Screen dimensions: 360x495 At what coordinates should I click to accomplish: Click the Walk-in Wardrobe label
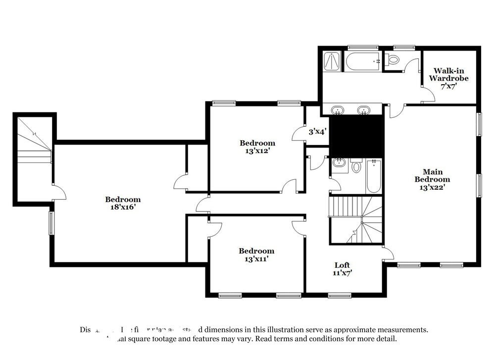[448, 78]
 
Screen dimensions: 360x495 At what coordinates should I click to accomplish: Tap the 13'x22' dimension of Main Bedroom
[432, 187]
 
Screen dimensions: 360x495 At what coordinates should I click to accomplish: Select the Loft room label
[342, 265]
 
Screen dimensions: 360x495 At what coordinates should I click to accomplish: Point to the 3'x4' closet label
[317, 132]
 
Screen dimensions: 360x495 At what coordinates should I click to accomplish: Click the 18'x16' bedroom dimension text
[123, 207]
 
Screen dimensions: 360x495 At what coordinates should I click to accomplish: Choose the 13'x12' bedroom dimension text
[257, 151]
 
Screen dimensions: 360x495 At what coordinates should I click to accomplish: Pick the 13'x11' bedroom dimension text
[256, 258]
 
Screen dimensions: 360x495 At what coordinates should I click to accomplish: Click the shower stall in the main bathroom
[331, 61]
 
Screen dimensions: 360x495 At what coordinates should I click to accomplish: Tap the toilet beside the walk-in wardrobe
[394, 60]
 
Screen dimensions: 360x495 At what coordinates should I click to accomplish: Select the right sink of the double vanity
[364, 109]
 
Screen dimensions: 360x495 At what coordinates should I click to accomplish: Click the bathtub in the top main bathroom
[363, 61]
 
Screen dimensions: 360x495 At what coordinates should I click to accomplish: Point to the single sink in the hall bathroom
[340, 163]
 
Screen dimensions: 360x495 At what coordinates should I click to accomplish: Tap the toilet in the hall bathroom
[356, 166]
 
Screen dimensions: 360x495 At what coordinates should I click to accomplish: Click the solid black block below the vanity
[357, 136]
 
